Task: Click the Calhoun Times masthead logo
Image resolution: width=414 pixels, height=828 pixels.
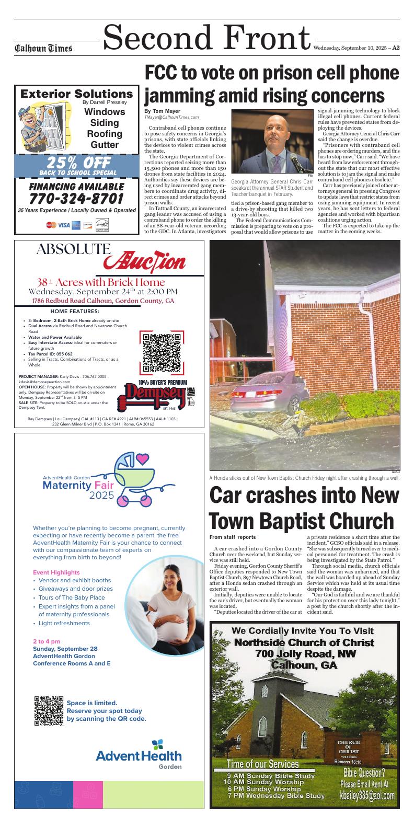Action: click(43, 49)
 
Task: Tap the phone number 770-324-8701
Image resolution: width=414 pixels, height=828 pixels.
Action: click(76, 199)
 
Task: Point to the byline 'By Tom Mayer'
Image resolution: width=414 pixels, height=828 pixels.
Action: click(162, 111)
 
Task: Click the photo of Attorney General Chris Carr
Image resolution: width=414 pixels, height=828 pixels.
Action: click(272, 141)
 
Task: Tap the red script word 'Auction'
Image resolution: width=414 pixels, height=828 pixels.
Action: click(144, 259)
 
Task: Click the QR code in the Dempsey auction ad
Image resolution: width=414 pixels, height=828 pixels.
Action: click(163, 352)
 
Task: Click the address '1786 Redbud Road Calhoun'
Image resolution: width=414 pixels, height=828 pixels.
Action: click(103, 301)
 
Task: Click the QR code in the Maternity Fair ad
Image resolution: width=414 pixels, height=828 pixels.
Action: click(49, 710)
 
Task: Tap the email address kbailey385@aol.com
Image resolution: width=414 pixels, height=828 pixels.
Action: click(367, 795)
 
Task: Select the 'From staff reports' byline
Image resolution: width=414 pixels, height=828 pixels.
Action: click(232, 537)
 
